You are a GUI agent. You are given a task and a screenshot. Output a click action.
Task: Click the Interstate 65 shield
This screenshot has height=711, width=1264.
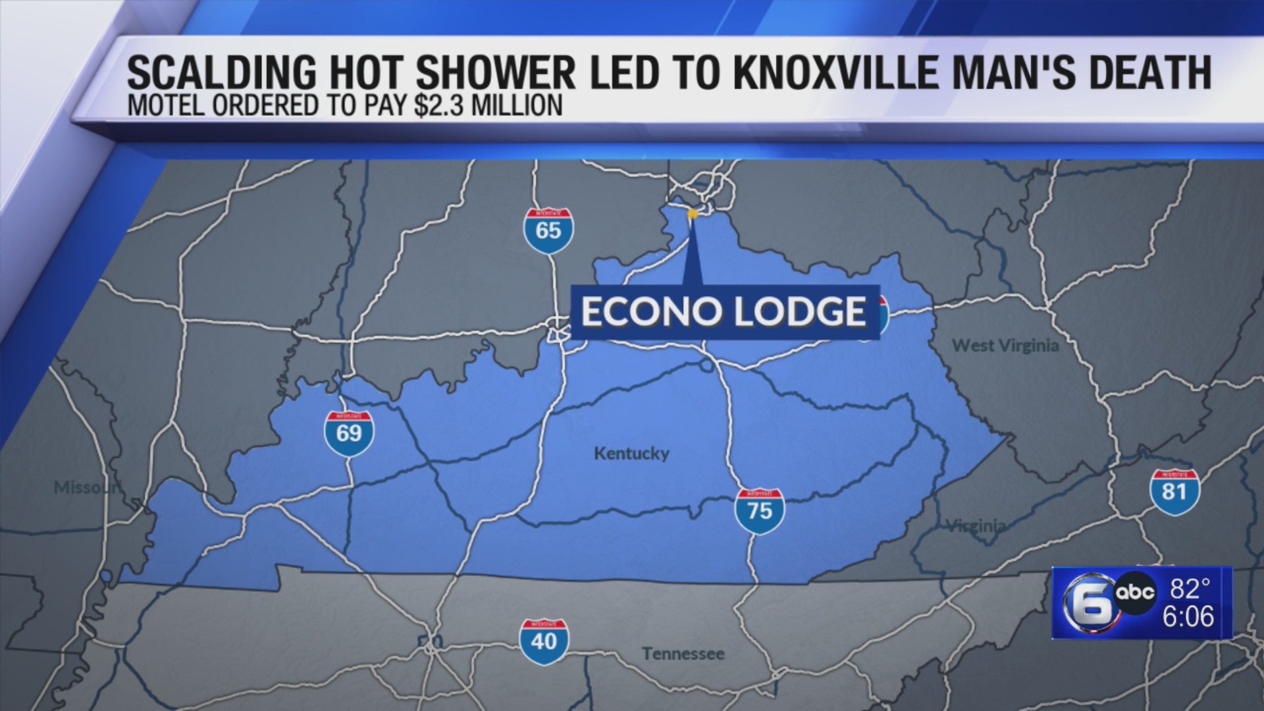pyautogui.click(x=548, y=231)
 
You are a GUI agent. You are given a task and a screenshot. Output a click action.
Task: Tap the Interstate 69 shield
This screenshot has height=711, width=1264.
pyautogui.click(x=349, y=433)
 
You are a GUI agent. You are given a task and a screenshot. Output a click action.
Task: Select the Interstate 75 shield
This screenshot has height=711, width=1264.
pyautogui.click(x=759, y=511)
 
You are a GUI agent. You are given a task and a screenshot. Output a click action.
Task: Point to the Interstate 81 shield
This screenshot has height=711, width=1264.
pyautogui.click(x=1174, y=492)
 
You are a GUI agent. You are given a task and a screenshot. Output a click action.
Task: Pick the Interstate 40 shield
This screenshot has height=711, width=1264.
pyautogui.click(x=544, y=641)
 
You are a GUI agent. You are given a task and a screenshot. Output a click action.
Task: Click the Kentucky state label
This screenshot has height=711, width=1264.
pyautogui.click(x=631, y=454)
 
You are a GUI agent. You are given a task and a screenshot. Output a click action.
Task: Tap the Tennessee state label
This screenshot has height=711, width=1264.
pyautogui.click(x=683, y=654)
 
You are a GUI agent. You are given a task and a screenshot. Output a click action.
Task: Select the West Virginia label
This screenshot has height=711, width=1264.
pyautogui.click(x=1005, y=346)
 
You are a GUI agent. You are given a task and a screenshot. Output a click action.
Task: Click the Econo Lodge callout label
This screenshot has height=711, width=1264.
pyautogui.click(x=724, y=312)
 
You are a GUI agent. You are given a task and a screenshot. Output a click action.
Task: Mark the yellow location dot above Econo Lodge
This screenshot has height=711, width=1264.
pyautogui.click(x=692, y=214)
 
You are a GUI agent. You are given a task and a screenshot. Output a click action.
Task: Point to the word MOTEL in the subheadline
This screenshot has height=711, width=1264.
pyautogui.click(x=166, y=106)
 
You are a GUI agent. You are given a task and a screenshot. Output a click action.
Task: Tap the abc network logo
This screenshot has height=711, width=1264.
pyautogui.click(x=1134, y=592)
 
